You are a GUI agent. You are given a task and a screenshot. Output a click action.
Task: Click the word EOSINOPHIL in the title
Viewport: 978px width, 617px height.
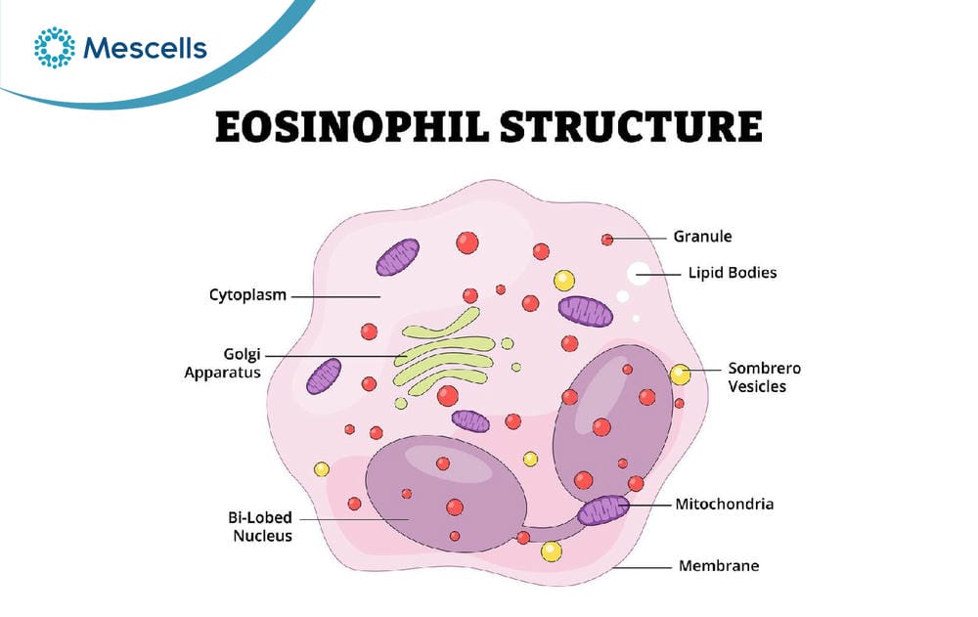[x=352, y=127]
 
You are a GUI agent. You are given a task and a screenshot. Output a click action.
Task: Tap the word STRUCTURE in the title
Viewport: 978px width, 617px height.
[x=631, y=127]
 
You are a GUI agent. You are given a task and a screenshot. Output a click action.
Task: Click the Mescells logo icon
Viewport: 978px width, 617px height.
[x=54, y=47]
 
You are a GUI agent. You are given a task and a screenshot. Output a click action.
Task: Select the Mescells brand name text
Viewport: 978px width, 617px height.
[x=145, y=48]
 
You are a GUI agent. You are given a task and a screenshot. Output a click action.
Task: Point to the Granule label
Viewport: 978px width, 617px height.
[x=702, y=237]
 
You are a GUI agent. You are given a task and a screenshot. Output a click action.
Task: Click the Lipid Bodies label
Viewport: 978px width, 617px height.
[x=733, y=273]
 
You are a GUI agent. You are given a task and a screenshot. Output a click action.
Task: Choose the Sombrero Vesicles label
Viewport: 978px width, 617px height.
[x=764, y=377]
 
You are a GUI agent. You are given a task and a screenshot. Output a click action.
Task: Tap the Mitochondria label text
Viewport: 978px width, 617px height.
[x=724, y=505]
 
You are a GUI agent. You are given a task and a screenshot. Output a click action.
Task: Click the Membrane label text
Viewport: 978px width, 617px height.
[x=719, y=566]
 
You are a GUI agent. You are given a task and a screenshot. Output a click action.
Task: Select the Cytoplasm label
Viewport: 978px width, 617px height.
[x=247, y=295]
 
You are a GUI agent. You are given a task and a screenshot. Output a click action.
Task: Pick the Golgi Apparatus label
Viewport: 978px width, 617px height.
[x=223, y=364]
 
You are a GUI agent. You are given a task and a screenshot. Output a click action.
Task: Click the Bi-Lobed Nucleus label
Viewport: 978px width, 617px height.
[x=261, y=526]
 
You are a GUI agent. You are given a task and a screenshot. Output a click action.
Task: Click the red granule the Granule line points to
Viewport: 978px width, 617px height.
[x=607, y=240]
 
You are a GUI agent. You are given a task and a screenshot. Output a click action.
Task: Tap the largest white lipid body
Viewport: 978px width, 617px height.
[x=638, y=273]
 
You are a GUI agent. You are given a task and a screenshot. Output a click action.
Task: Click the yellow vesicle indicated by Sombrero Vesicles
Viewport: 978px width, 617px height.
[x=680, y=375]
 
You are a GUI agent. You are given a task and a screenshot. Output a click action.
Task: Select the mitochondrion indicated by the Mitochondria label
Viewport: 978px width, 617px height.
[x=603, y=509]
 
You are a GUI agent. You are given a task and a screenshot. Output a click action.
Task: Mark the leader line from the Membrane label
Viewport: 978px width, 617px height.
[x=642, y=567]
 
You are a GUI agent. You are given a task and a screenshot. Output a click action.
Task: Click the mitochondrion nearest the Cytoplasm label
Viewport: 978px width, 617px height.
[x=397, y=257]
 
